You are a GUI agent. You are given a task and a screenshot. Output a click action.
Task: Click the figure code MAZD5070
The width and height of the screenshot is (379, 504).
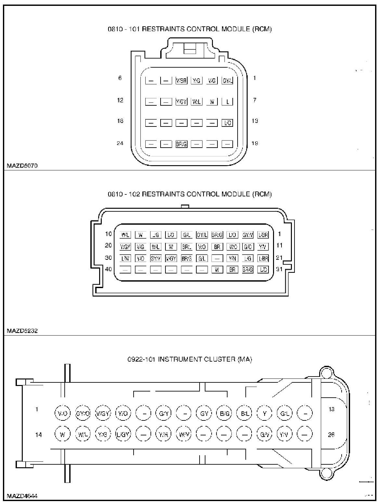pyautogui.click(x=22, y=166)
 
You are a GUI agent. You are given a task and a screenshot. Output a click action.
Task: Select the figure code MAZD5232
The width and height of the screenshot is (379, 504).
pyautogui.click(x=22, y=331)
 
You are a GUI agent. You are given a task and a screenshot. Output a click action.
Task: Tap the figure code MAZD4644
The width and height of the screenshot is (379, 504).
pyautogui.click(x=22, y=496)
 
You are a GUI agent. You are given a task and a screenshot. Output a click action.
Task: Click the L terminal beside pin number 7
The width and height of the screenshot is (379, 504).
pyautogui.click(x=228, y=102)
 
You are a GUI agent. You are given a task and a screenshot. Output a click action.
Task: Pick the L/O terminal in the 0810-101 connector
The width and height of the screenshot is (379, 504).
pyautogui.click(x=228, y=123)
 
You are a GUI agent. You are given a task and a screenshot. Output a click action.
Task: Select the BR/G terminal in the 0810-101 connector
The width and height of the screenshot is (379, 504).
pyautogui.click(x=181, y=144)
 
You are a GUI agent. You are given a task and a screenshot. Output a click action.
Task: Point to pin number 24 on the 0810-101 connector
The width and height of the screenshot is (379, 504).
pyautogui.click(x=120, y=143)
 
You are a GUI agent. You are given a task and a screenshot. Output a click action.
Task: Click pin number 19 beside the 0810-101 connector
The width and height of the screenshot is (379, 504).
pyautogui.click(x=255, y=143)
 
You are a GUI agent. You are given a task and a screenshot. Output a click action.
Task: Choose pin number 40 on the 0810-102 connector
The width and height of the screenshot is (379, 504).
pyautogui.click(x=108, y=269)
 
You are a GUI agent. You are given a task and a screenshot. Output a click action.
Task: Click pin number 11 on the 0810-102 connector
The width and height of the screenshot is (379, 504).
pyautogui.click(x=279, y=245)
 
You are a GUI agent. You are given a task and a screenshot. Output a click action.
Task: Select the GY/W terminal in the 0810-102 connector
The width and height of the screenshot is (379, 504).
pyautogui.click(x=248, y=235)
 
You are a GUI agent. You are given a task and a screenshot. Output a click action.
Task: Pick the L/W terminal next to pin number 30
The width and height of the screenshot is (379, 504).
pyautogui.click(x=125, y=259)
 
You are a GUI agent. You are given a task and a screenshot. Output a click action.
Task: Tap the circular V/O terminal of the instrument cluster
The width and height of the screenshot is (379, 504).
pyautogui.click(x=62, y=413)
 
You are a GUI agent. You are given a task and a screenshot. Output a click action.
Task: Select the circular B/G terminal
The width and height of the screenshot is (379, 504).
pyautogui.click(x=225, y=413)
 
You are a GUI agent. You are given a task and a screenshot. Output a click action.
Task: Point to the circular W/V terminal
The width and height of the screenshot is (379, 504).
pyautogui.click(x=184, y=434)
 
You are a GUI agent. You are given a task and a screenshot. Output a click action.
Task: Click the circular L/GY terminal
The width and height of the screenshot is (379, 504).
pyautogui.click(x=123, y=434)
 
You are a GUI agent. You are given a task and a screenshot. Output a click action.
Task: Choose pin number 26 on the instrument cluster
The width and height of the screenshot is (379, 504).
pyautogui.click(x=331, y=434)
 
